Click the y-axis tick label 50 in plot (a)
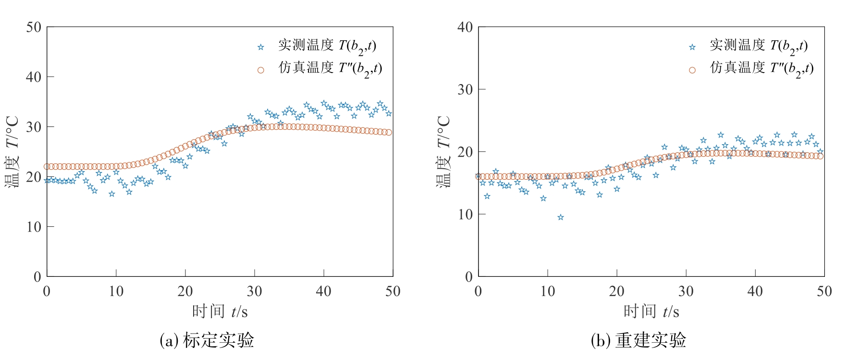pyautogui.click(x=34, y=27)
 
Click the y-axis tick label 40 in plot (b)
pyautogui.click(x=465, y=27)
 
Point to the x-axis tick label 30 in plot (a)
pyautogui.click(x=255, y=291)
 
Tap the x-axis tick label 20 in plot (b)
pyautogui.click(x=617, y=291)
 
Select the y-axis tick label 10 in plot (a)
pyautogui.click(x=34, y=227)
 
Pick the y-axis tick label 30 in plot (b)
pyautogui.click(x=465, y=90)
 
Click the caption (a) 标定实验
pyautogui.click(x=207, y=341)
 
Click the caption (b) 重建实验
pyautogui.click(x=638, y=341)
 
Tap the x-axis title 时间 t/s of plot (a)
pyautogui.click(x=220, y=312)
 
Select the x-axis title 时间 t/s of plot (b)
pyautogui.click(x=651, y=312)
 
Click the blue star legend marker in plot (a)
pyautogui.click(x=261, y=47)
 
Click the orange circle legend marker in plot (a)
pyautogui.click(x=261, y=70)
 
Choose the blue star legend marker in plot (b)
pyautogui.click(x=692, y=47)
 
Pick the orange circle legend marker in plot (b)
pyautogui.click(x=692, y=70)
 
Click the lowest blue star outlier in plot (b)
pyautogui.click(x=561, y=217)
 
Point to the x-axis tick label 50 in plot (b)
pyautogui.click(x=824, y=291)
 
